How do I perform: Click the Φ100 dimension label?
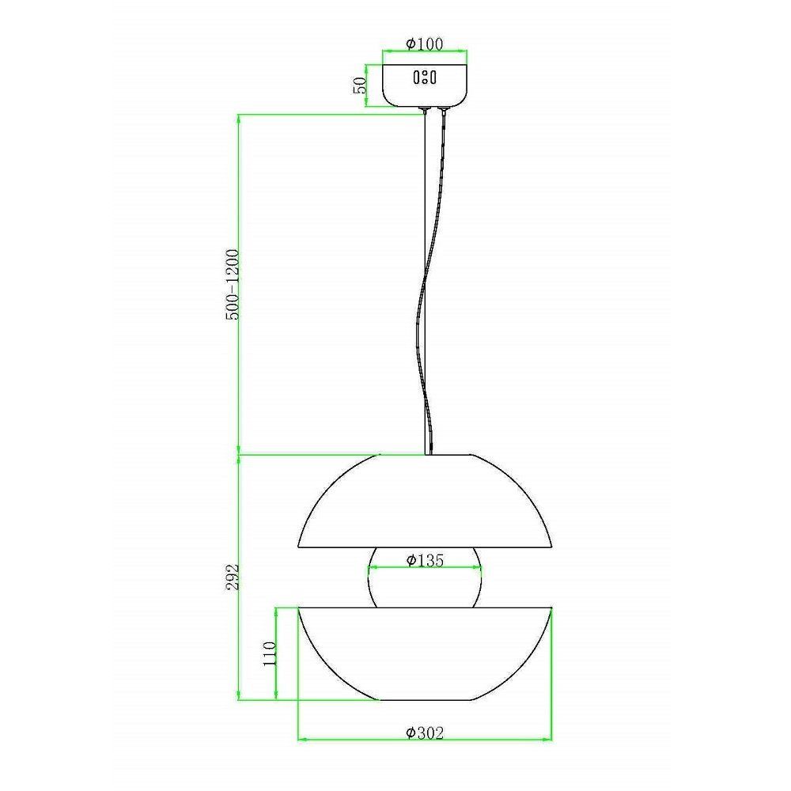425,44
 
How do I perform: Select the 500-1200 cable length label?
233,285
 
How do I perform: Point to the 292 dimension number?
233,577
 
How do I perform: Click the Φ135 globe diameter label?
425,560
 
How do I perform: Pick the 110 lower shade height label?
271,654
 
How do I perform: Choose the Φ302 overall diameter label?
425,732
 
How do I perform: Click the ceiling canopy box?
425,85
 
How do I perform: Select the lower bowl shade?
425,654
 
